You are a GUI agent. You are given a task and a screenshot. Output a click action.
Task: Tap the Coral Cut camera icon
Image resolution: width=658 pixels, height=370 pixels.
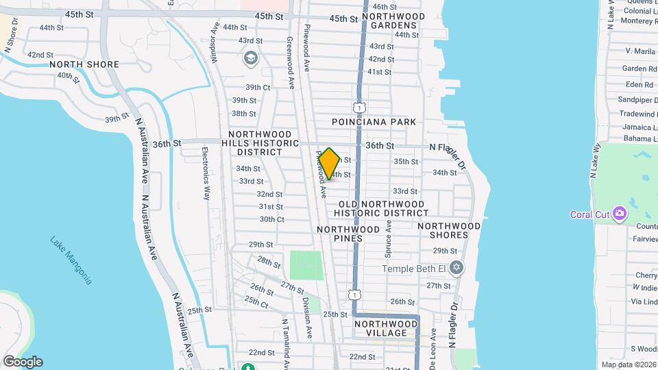pyautogui.click(x=620, y=214)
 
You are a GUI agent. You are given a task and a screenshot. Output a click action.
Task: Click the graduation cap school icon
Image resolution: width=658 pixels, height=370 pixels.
pyautogui.click(x=249, y=58)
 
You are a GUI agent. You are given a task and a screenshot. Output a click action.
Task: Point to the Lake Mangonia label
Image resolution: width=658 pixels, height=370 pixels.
pyautogui.click(x=71, y=260)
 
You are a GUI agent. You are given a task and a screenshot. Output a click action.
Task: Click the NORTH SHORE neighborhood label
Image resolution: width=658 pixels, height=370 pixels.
pyautogui.click(x=84, y=64)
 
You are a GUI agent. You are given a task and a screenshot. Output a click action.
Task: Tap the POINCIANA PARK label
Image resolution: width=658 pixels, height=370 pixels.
pyautogui.click(x=374, y=122)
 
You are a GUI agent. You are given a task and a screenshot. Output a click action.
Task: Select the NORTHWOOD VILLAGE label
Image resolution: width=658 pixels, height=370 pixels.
pyautogui.click(x=386, y=328)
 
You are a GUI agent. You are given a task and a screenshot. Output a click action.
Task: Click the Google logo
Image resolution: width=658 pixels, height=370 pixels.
pyautogui.click(x=23, y=362)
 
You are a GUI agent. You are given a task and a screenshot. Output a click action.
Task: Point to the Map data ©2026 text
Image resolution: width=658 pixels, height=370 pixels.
pyautogui.click(x=629, y=365)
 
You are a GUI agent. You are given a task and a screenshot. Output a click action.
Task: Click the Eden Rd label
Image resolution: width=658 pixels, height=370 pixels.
pyautogui.click(x=639, y=84)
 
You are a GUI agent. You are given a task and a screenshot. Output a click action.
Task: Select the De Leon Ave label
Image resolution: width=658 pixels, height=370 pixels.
pyautogui.click(x=433, y=346)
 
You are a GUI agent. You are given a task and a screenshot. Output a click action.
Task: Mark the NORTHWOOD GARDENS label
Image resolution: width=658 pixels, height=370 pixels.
pyautogui.click(x=389, y=21)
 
